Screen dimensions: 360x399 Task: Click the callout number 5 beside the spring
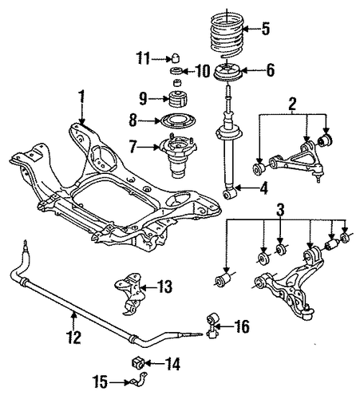tap(265, 28)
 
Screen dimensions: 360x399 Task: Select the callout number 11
tap(143, 58)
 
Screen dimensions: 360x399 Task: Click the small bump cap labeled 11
tap(175, 58)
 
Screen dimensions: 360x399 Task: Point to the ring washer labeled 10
tap(176, 71)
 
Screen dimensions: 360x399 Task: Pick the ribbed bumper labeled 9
tap(178, 98)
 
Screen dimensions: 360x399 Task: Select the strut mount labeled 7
tap(178, 156)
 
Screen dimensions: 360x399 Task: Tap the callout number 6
tap(270, 71)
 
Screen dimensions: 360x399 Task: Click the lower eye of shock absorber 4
tap(229, 193)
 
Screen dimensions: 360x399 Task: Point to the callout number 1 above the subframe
tap(81, 97)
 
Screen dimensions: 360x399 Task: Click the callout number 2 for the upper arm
tap(292, 104)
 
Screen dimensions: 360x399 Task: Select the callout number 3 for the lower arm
tap(280, 209)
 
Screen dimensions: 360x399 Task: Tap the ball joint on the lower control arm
tap(308, 312)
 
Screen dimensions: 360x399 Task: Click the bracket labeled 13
tap(129, 294)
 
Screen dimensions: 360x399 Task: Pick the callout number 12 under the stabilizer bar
tap(74, 337)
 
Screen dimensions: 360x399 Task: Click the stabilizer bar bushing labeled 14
tap(137, 362)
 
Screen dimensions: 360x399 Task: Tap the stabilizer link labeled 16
tap(212, 326)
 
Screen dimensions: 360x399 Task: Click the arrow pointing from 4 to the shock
tap(245, 188)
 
